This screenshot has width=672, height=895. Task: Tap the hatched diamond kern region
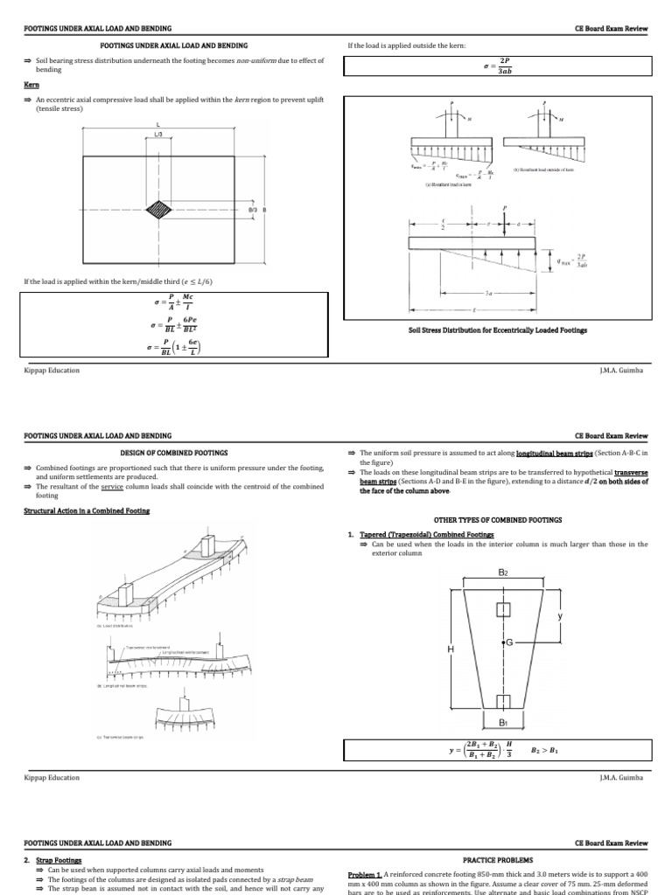tap(158, 210)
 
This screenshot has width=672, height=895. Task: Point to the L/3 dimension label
tap(158, 135)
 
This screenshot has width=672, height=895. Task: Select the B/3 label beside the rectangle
tap(252, 210)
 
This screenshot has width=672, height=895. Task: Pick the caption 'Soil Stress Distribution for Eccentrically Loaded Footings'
tap(497, 330)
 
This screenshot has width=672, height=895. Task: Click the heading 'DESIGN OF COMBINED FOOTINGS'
tap(173, 453)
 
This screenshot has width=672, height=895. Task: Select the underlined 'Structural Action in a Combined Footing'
tap(86, 511)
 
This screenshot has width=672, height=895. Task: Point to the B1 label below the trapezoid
tap(502, 723)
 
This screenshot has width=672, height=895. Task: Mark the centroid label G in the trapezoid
tap(509, 642)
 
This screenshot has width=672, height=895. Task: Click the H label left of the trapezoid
tap(451, 649)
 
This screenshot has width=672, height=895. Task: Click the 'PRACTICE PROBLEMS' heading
tap(498, 859)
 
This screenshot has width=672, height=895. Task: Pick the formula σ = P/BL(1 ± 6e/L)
tap(173, 347)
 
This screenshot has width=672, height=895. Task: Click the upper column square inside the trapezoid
tap(502, 609)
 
